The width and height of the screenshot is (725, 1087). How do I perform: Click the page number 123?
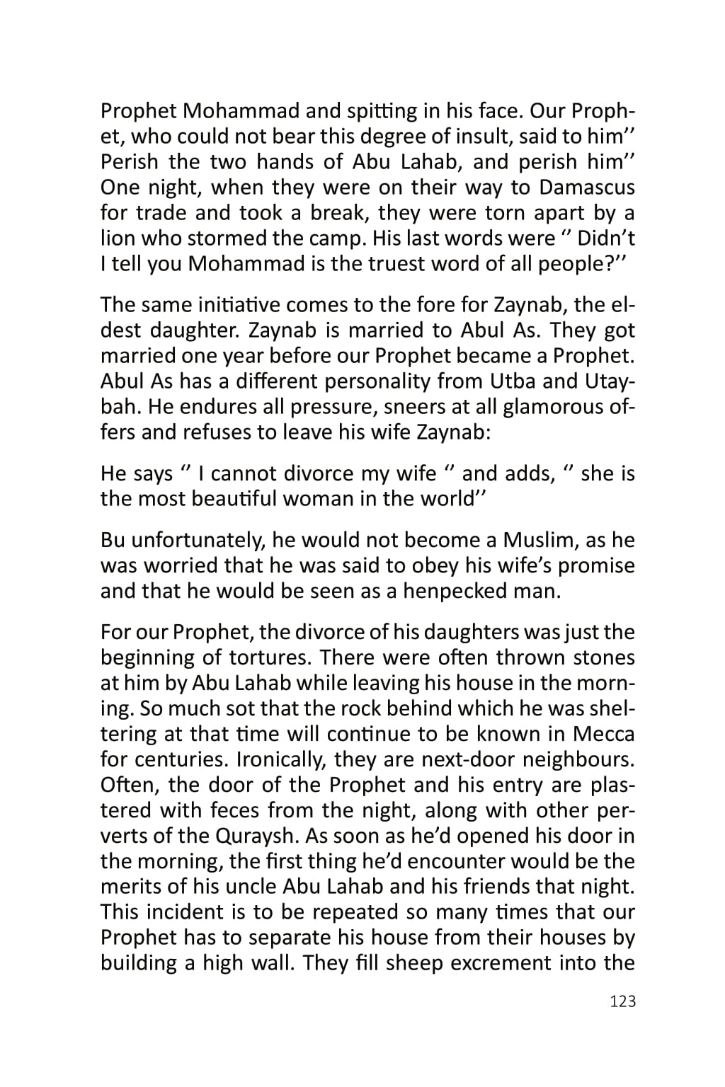tap(622, 1001)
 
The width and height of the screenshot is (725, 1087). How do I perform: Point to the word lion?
tap(116, 238)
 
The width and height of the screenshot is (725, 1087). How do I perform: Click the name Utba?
tap(511, 381)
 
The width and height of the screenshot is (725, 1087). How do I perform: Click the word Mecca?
tap(603, 734)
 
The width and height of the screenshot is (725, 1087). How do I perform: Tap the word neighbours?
tap(578, 759)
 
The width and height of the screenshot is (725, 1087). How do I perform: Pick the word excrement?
tap(500, 963)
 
